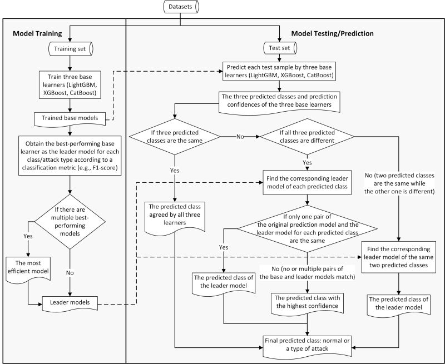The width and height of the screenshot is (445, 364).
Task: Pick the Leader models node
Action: coord(69,302)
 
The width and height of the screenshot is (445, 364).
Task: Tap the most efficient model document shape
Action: coord(28,269)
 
